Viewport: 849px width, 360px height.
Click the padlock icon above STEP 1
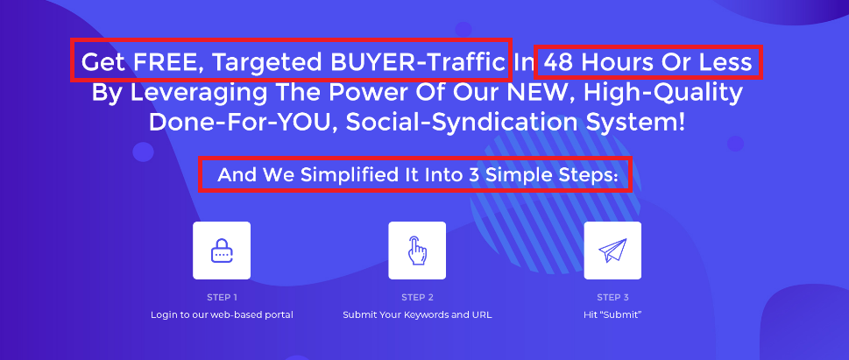[x=222, y=251]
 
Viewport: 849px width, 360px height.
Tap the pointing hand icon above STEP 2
[x=417, y=251]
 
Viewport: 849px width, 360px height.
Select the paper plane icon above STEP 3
[x=612, y=251]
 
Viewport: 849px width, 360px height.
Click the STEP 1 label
[x=222, y=297]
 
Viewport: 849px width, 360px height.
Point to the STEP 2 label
[x=417, y=297]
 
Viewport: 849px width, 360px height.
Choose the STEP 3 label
[x=612, y=297]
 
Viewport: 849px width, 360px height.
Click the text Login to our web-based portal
[x=222, y=314]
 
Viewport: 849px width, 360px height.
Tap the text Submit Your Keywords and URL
[x=417, y=314]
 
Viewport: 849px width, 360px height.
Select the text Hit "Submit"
[x=612, y=314]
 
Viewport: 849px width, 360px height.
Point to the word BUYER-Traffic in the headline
[x=418, y=62]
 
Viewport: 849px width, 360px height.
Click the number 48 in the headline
[x=559, y=63]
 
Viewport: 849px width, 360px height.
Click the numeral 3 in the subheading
[x=473, y=175]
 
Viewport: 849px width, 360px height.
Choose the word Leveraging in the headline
[x=199, y=94]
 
